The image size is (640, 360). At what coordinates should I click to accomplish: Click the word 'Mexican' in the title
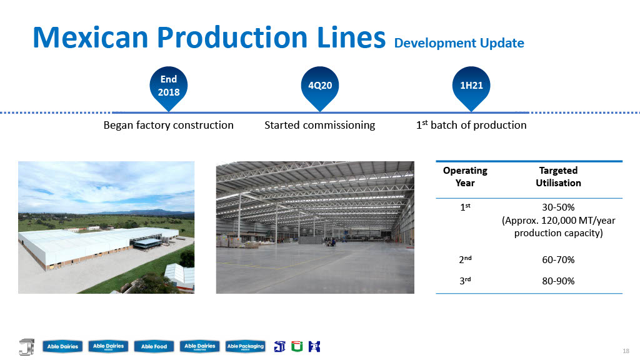pos(90,37)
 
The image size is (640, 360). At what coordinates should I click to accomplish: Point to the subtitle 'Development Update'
pos(459,43)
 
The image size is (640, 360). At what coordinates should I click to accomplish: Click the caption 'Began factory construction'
pos(169,125)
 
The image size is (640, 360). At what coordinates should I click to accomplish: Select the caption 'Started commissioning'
pos(319,125)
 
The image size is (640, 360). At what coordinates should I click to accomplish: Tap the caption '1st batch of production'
pos(471,125)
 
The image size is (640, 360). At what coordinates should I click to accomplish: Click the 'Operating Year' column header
pos(465,176)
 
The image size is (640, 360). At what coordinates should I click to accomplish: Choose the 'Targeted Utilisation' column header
pos(558,176)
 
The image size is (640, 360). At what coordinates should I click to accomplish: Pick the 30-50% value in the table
pos(558,207)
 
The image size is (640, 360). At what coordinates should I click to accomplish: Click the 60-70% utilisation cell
pos(558,259)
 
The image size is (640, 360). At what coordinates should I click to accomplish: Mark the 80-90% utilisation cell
pos(558,281)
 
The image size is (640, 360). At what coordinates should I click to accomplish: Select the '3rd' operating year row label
pos(465,281)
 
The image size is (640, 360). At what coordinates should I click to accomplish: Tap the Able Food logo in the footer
pos(154,346)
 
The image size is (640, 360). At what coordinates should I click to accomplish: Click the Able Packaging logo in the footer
pos(245,346)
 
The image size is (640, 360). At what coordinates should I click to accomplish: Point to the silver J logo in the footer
pos(27,346)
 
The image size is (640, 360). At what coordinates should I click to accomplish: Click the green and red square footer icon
pos(297,346)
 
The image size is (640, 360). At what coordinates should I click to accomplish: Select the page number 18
pos(626,351)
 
